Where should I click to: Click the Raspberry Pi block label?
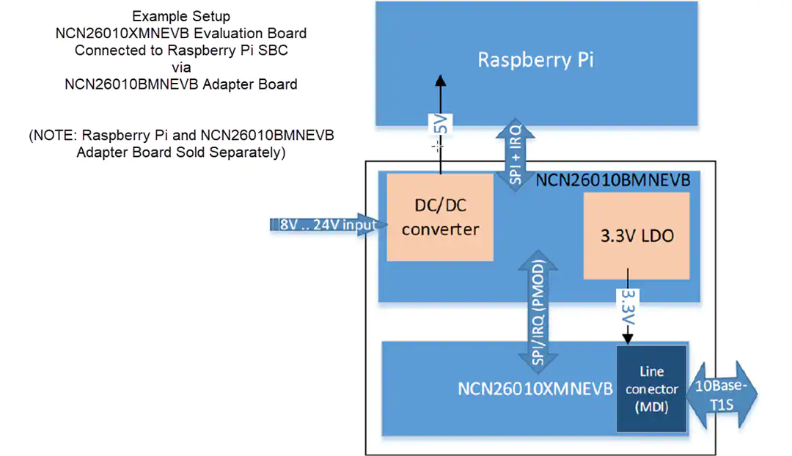tap(535, 59)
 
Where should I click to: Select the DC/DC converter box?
tap(440, 217)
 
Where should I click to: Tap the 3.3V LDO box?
tap(637, 236)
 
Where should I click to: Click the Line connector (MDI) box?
tap(652, 389)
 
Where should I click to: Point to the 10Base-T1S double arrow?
tap(722, 395)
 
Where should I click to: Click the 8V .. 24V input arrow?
tap(329, 224)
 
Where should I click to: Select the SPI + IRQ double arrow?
tap(516, 155)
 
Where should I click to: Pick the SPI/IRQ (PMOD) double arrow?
tap(538, 312)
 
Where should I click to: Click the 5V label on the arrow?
tap(441, 124)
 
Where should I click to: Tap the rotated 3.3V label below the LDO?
tap(628, 306)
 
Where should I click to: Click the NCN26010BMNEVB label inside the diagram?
tap(612, 180)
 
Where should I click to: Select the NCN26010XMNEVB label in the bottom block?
tap(535, 389)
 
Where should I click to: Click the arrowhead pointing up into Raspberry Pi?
tap(441, 81)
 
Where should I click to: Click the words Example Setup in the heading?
tap(181, 16)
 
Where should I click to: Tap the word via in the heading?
tap(181, 67)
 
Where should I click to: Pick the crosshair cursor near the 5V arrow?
tap(437, 147)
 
